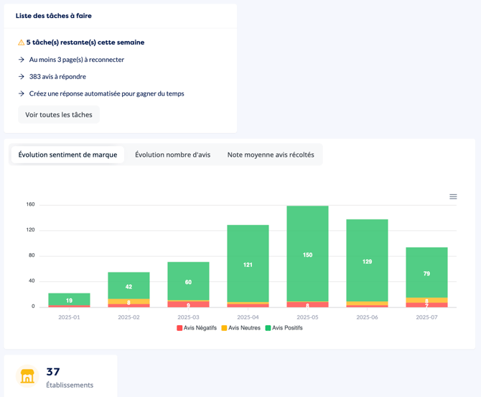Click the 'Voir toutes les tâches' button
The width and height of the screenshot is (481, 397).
coord(59,114)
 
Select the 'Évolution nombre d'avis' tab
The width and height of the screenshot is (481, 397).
coord(173,155)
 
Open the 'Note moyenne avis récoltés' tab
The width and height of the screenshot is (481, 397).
coord(271,155)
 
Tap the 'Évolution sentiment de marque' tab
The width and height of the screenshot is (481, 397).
coord(67,155)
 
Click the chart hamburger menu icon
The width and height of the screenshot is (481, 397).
coord(453,196)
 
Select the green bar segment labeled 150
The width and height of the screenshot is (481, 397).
coord(308,254)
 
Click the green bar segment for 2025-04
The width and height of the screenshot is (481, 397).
coord(248,264)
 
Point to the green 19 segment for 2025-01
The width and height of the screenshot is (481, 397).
coord(70,299)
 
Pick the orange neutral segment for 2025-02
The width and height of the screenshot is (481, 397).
coord(129,301)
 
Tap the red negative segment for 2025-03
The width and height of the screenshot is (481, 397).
coord(188,304)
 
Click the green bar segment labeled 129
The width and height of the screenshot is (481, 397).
coord(367,260)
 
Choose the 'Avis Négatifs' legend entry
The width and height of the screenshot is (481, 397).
coord(197,328)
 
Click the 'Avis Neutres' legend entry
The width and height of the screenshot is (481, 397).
coord(240,328)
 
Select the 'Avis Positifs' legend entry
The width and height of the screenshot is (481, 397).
coord(284,328)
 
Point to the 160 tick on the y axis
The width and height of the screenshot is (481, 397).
coord(30,204)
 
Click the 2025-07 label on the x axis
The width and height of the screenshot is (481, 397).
coord(426,317)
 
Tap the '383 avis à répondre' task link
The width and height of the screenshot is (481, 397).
coord(57,76)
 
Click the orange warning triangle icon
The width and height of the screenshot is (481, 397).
coord(21,42)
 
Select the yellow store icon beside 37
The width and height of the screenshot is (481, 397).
coord(27,376)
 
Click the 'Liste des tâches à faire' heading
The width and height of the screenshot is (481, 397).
coord(54,16)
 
